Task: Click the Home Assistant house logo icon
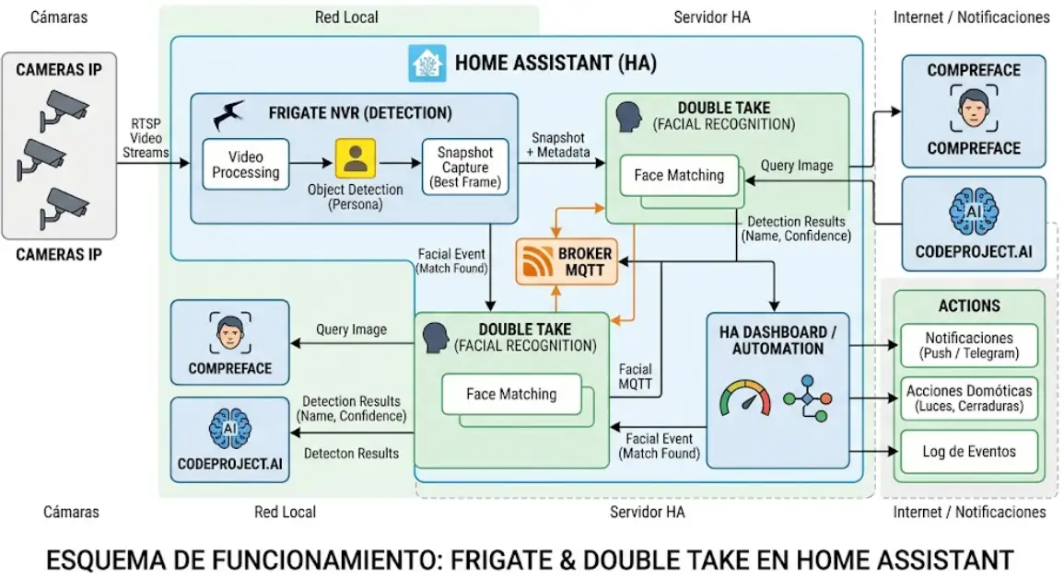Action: [x=427, y=63]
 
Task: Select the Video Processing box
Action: [x=245, y=165]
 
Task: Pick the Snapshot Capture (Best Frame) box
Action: [x=464, y=166]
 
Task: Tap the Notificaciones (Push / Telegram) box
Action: [x=968, y=345]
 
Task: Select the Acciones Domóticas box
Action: [x=968, y=398]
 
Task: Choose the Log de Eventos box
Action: [x=968, y=451]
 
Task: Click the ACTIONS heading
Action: [x=969, y=306]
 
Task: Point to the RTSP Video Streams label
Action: [x=145, y=144]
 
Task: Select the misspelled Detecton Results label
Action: [x=351, y=453]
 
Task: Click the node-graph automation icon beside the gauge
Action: [x=807, y=398]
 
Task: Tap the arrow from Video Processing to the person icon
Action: [x=311, y=164]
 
